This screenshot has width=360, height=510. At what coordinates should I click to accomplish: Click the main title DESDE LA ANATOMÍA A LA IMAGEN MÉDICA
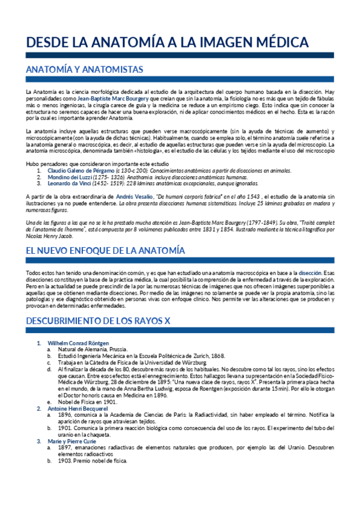point(168,43)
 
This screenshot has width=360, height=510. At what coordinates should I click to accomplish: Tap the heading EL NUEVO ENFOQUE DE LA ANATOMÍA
point(105,250)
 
